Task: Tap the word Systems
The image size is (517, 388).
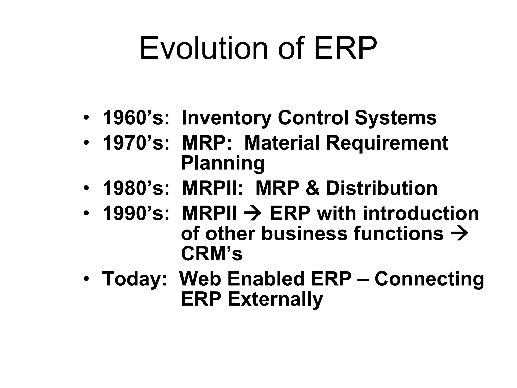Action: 395,118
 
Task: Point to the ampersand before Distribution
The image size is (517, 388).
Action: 312,188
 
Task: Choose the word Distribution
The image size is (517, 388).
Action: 381,188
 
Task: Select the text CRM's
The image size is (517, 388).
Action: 212,254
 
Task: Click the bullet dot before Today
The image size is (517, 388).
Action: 86,279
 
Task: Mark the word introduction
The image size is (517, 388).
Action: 421,213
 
